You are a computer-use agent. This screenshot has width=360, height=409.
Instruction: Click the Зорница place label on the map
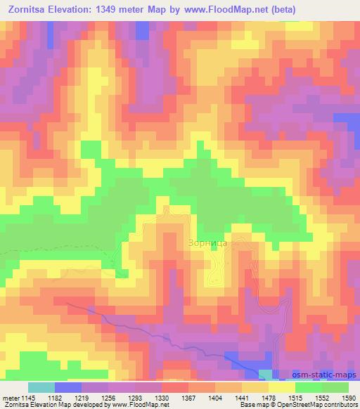[x=206, y=243]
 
